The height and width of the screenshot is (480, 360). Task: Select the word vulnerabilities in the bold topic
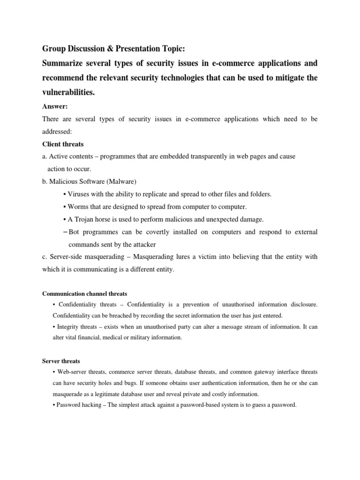[x=68, y=93]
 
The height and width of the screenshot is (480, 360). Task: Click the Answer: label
[x=54, y=106]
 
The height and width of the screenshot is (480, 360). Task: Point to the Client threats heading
[x=63, y=144]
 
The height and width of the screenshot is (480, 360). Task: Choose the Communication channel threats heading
[x=84, y=294]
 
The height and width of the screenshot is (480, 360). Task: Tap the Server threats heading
[x=61, y=361]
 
